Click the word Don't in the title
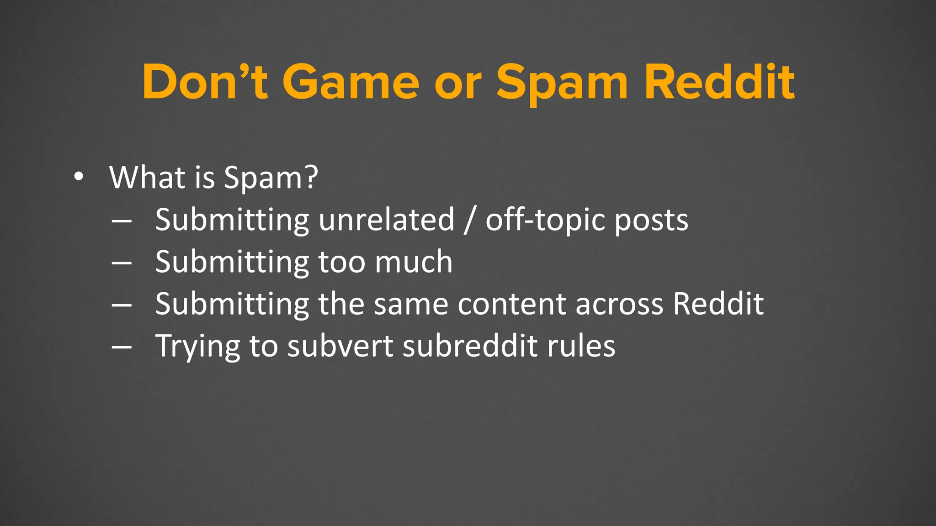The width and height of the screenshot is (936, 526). point(204,82)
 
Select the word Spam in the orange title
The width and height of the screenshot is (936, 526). point(563,82)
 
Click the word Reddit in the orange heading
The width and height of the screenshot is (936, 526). point(719,82)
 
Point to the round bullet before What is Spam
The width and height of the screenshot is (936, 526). point(79,178)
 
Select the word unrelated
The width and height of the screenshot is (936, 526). point(387,220)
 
